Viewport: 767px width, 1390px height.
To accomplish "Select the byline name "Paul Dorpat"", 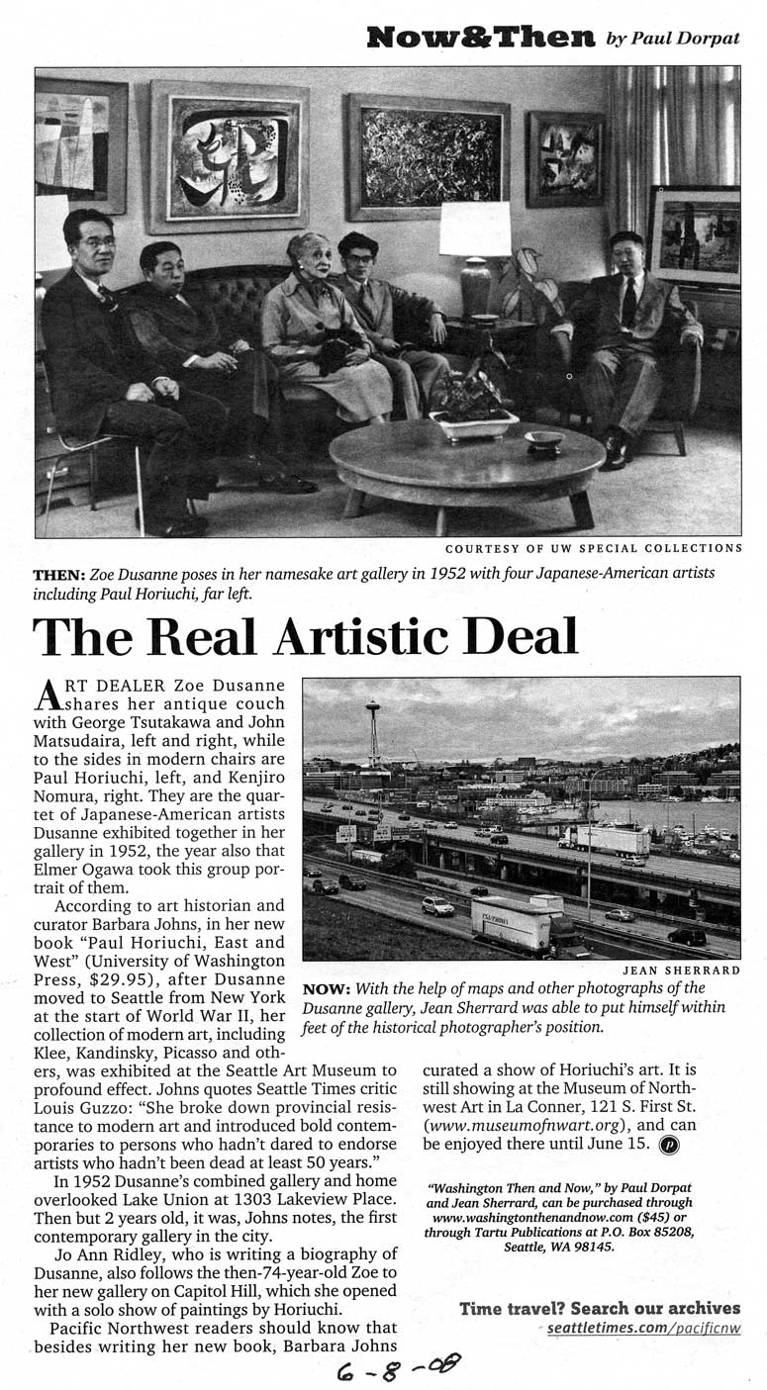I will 685,39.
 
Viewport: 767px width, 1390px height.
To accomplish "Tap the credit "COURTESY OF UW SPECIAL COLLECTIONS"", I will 593,547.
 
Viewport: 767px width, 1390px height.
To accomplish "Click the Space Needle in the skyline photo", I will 374,732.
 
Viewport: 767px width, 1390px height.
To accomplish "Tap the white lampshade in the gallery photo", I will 475,230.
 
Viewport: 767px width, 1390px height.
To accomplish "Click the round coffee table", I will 466,461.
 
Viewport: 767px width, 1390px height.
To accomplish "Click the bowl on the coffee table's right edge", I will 544,438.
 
